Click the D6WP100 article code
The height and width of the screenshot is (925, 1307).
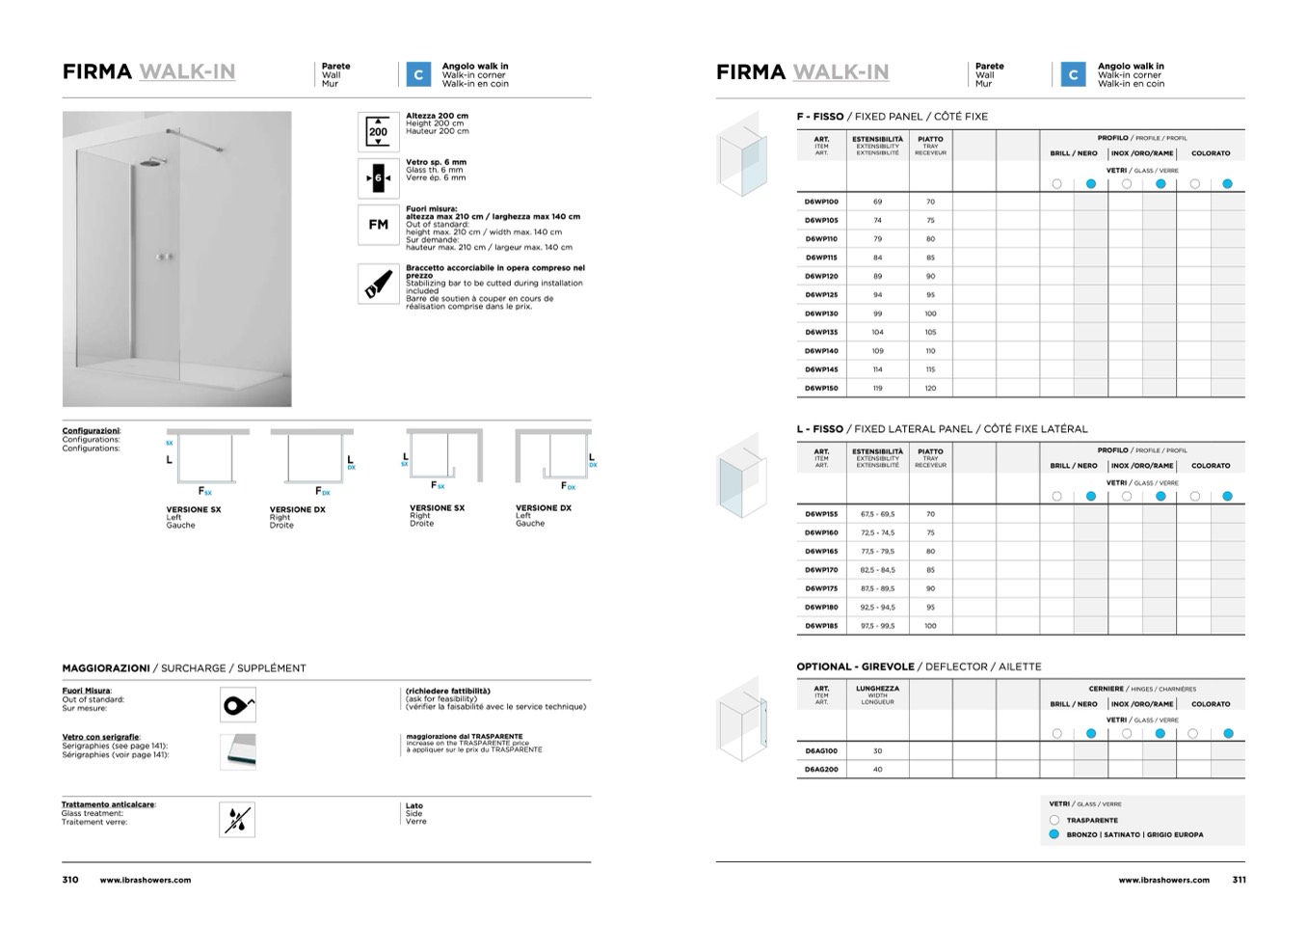coord(821,202)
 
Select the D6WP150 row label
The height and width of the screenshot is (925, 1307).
coord(821,389)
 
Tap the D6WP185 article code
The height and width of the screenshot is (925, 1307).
coord(821,626)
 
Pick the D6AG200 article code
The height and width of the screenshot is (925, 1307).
coord(821,770)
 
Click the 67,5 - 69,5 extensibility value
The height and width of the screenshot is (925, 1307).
coord(877,514)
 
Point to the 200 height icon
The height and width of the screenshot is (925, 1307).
coord(378,132)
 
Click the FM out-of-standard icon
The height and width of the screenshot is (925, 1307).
coord(378,225)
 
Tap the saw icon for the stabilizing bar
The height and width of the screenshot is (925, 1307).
coord(378,284)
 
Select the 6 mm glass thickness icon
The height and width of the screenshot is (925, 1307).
coord(378,178)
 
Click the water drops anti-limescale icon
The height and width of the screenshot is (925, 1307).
coord(237,819)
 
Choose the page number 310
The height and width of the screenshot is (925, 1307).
coord(70,880)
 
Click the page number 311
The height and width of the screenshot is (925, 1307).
coord(1239,880)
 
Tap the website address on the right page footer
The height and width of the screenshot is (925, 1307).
coord(1163,880)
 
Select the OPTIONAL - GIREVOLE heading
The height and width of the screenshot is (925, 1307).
coord(855,667)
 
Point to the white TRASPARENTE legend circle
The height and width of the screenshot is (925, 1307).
coord(1054,820)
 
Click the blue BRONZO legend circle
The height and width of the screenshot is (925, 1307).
coord(1054,834)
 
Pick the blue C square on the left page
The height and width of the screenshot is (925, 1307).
coord(418,74)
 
